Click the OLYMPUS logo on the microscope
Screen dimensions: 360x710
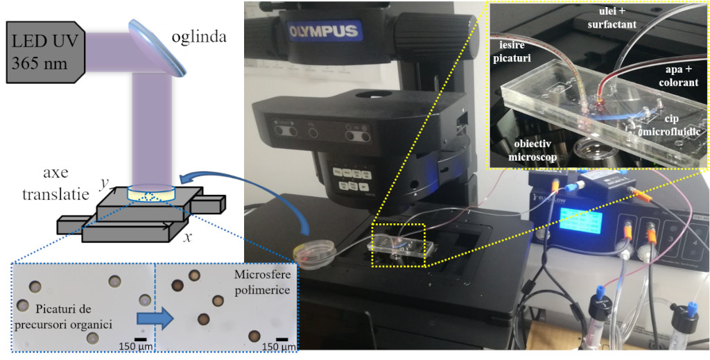click(324, 31)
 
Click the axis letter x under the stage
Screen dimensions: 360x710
click(187, 236)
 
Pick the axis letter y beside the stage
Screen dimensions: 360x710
click(103, 182)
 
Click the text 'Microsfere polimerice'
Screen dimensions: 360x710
click(263, 280)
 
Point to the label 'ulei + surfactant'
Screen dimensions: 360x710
click(612, 18)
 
